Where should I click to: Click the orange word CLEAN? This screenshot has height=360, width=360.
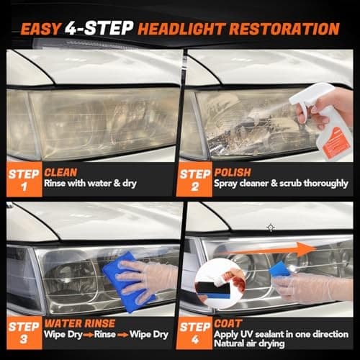coord(60,173)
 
